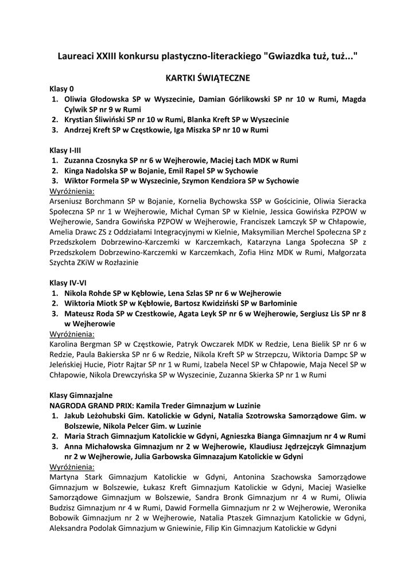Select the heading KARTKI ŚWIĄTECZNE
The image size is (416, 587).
click(208, 77)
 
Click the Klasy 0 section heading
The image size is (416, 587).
click(61, 89)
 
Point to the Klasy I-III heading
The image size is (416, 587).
click(65, 150)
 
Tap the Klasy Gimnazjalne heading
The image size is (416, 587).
click(81, 395)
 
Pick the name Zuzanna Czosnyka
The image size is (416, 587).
click(96, 161)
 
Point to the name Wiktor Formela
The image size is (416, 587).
click(89, 181)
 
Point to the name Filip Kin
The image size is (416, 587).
click(220, 529)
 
